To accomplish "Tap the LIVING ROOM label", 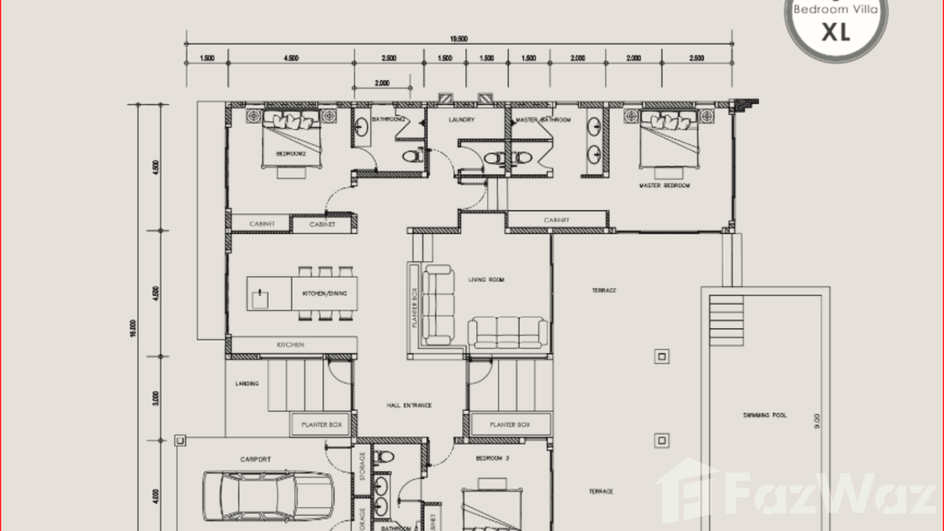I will click(x=486, y=280).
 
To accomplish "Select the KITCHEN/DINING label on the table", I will click(x=324, y=294).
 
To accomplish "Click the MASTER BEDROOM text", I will click(x=664, y=186).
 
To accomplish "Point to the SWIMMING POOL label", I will click(x=764, y=416).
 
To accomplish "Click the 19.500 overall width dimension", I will click(x=458, y=39).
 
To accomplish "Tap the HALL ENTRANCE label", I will click(x=409, y=406).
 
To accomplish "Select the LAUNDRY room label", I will click(x=461, y=120).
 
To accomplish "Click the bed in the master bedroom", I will click(x=668, y=139).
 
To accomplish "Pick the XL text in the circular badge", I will click(x=836, y=32).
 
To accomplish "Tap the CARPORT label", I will click(x=255, y=459).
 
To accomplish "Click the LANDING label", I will click(x=247, y=384).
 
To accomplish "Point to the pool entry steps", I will click(x=725, y=321).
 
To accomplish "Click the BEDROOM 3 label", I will click(x=492, y=458).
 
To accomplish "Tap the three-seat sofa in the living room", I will click(x=507, y=332).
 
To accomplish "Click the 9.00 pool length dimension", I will click(x=817, y=422).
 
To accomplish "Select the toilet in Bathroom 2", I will click(x=412, y=156).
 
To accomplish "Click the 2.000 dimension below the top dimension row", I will click(x=382, y=83).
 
